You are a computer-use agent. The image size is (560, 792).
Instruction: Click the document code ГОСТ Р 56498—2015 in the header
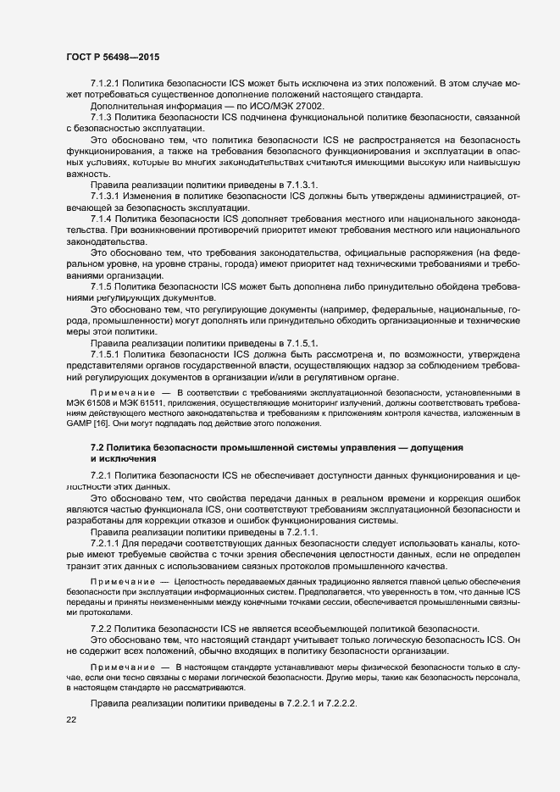(113, 56)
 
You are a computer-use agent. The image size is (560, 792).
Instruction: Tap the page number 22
(72, 720)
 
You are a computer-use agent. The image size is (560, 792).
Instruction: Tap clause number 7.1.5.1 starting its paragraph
(107, 353)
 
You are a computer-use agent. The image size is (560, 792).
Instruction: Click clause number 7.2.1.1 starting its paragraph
(107, 542)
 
